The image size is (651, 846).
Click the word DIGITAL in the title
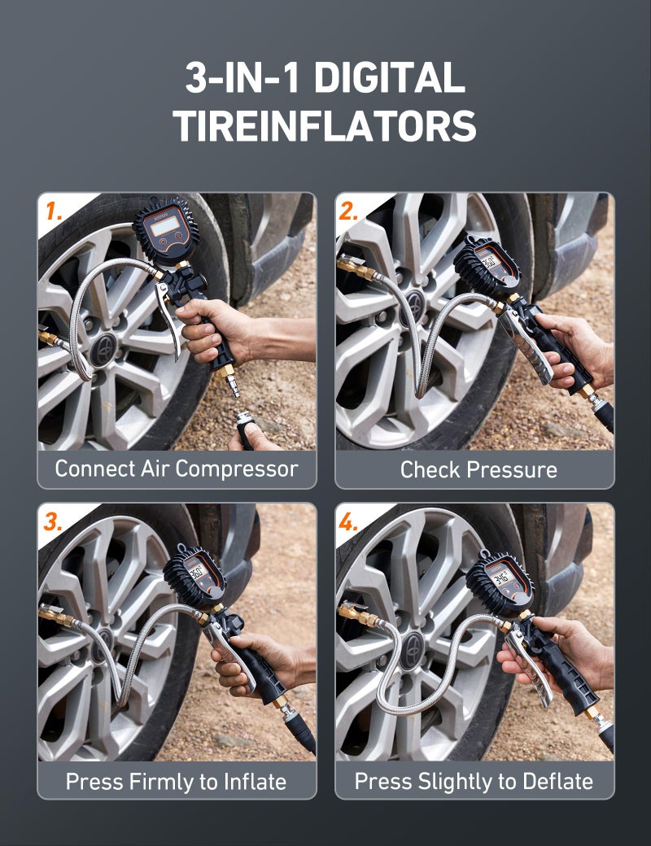pyautogui.click(x=389, y=77)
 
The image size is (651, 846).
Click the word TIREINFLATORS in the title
pyautogui.click(x=325, y=126)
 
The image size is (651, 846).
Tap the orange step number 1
pyautogui.click(x=54, y=211)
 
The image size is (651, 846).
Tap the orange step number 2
pyautogui.click(x=348, y=211)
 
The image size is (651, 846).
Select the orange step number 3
pyautogui.click(x=53, y=521)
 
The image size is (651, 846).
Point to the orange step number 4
pyautogui.click(x=348, y=521)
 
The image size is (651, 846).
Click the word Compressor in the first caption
pyautogui.click(x=237, y=469)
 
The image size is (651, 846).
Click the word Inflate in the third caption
pyautogui.click(x=255, y=781)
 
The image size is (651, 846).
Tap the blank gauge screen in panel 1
pyautogui.click(x=164, y=227)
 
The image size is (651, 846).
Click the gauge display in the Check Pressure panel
pyautogui.click(x=488, y=262)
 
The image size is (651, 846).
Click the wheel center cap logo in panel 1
pyautogui.click(x=103, y=351)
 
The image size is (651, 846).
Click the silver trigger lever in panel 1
pyautogui.click(x=168, y=318)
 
